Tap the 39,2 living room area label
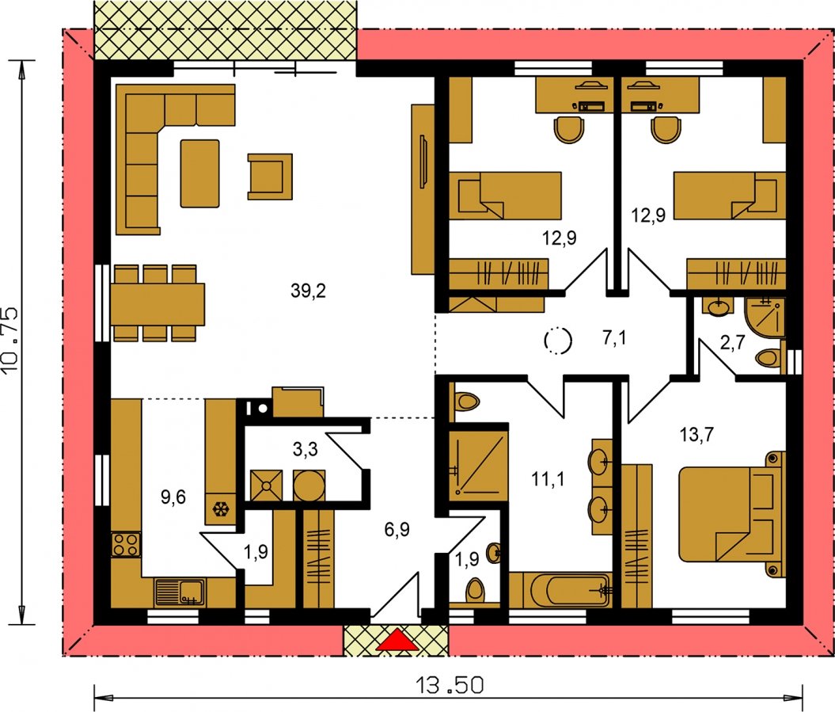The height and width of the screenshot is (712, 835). click(309, 291)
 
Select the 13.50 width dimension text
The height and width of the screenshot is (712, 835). click(450, 685)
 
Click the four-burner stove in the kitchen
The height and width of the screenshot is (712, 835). click(126, 545)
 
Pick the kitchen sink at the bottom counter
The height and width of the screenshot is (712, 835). click(180, 592)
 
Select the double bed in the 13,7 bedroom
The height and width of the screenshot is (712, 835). click(731, 514)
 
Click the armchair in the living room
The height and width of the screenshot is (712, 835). click(270, 177)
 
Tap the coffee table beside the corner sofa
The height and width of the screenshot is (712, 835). click(199, 173)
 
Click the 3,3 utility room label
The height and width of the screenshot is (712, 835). click(306, 449)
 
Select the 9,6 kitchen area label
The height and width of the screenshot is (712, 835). click(173, 497)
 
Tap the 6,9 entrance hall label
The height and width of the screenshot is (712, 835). click(397, 530)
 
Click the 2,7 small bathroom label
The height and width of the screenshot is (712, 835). click(732, 343)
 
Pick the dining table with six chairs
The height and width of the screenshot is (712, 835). click(158, 303)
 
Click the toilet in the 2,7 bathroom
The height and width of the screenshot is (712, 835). click(769, 357)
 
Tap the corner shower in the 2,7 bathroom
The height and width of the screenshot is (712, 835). click(765, 318)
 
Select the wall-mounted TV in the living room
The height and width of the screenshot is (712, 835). click(423, 162)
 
